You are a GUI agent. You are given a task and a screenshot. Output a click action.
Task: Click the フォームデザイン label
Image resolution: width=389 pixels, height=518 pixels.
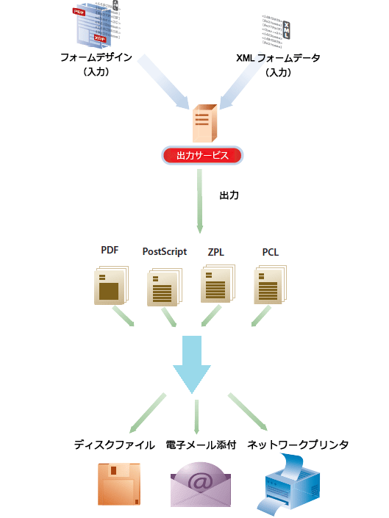point(96,59)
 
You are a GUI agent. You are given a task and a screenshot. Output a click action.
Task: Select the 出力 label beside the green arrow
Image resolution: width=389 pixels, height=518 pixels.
point(229,196)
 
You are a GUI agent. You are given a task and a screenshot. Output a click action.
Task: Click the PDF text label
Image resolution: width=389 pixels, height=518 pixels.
point(110,251)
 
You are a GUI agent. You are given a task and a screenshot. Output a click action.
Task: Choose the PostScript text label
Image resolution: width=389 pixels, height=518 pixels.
point(165,252)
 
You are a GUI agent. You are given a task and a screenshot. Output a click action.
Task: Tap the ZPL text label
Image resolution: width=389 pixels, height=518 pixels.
point(216,252)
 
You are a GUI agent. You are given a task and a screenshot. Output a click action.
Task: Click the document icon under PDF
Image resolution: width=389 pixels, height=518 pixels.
point(111,285)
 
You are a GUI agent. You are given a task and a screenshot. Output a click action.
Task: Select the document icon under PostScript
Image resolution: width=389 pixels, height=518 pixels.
point(164,287)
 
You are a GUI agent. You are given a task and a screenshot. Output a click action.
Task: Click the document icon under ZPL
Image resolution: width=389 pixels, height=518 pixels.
point(217,285)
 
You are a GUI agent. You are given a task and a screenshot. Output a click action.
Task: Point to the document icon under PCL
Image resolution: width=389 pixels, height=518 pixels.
point(270,286)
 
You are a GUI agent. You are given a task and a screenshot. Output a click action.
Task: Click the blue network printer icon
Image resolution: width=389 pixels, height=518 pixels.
point(292,483)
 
